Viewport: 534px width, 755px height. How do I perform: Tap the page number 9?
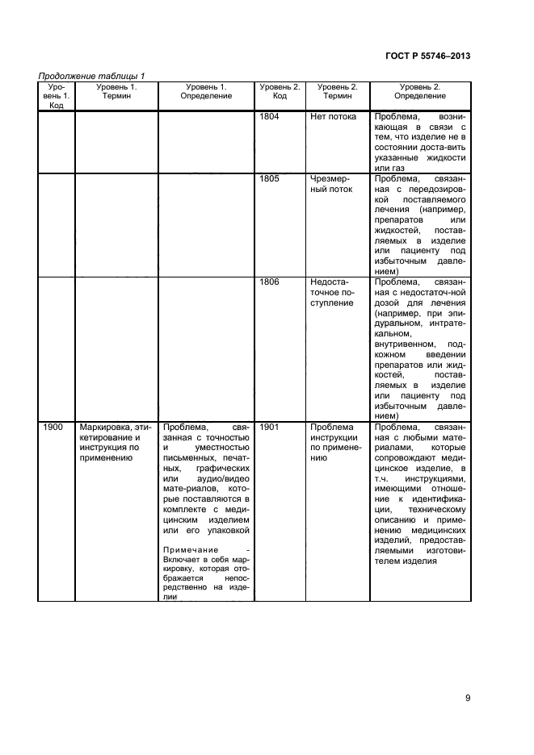[468, 699]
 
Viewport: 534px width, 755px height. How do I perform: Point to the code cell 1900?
[53, 427]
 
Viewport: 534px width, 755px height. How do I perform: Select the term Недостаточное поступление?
[332, 293]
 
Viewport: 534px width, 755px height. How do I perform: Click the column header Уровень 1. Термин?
[116, 91]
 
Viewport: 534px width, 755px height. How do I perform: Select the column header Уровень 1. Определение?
[206, 91]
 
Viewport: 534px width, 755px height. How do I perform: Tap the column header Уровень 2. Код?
[280, 91]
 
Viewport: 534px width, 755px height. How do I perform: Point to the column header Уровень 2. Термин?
[337, 91]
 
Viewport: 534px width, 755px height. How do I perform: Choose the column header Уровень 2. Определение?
[420, 91]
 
